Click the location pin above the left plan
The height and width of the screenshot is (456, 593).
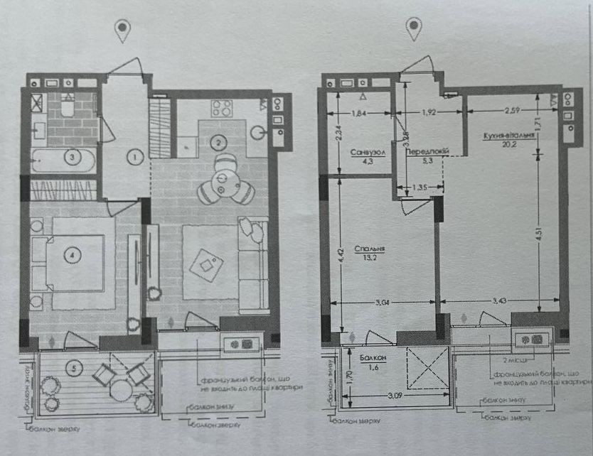point(124,30)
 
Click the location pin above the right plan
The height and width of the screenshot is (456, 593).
point(413,28)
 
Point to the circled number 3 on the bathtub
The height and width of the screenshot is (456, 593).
point(71,156)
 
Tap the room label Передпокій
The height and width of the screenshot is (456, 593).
point(425,153)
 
